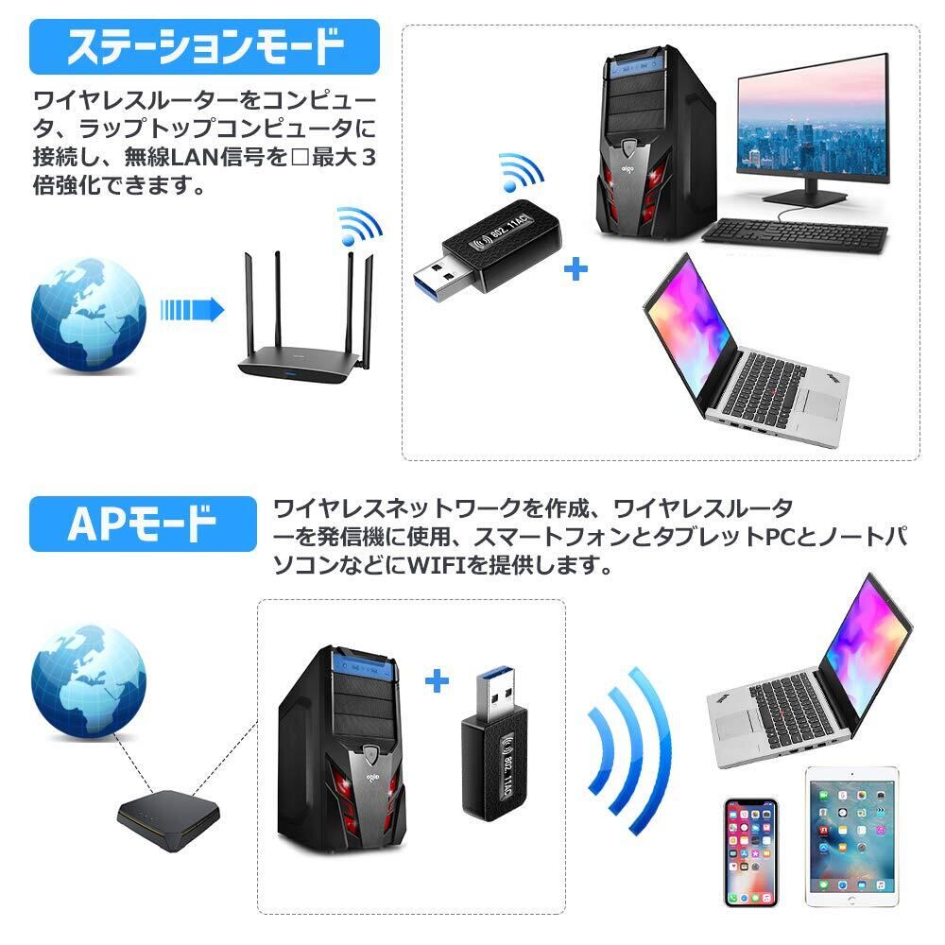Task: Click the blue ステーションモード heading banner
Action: [x=203, y=46]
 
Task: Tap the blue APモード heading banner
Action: [x=143, y=523]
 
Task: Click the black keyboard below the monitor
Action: [x=795, y=236]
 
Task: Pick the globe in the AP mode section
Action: [x=89, y=678]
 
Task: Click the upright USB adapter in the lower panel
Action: [x=494, y=742]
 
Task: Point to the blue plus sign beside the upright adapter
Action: [x=436, y=680]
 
